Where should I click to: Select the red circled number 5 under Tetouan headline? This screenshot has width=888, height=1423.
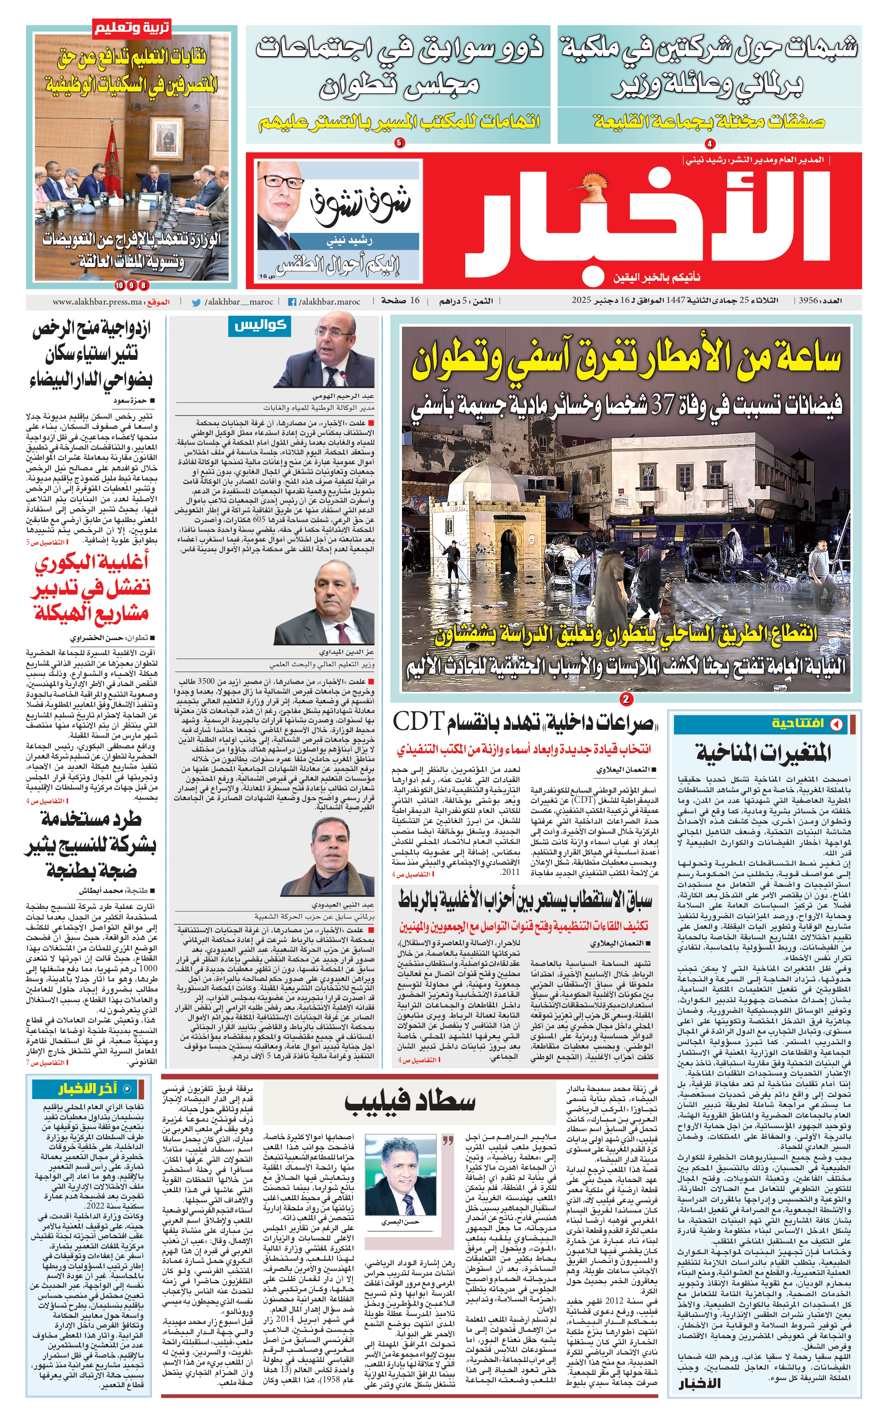(399, 143)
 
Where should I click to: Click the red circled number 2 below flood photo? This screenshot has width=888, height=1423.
(626, 699)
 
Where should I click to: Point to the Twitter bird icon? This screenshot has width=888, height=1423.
(196, 302)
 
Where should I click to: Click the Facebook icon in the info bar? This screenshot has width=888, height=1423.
(292, 302)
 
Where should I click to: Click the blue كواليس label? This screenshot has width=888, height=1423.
(260, 326)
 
